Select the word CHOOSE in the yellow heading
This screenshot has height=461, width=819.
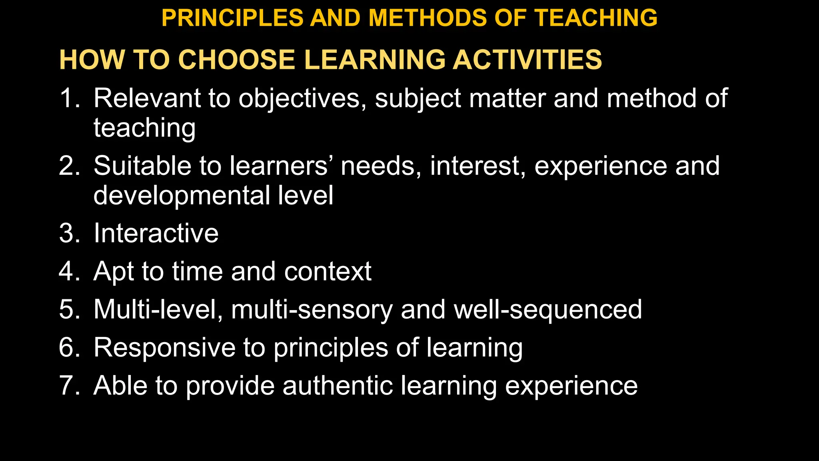click(x=236, y=60)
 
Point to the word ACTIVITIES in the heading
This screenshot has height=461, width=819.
click(x=527, y=60)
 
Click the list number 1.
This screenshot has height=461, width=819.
click(x=68, y=98)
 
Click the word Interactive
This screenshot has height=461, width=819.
click(x=156, y=233)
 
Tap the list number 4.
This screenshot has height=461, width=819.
click(x=68, y=271)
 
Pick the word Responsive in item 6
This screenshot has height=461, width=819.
click(x=164, y=348)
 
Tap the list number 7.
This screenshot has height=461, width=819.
click(x=68, y=386)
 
